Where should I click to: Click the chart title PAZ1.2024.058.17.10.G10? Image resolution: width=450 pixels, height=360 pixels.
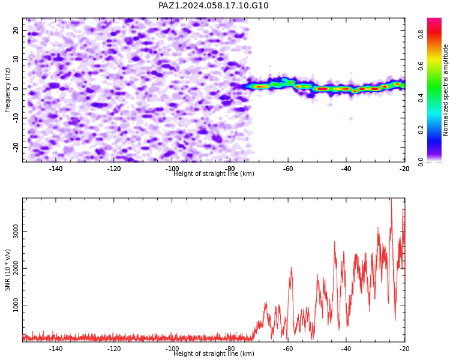pyautogui.click(x=214, y=5)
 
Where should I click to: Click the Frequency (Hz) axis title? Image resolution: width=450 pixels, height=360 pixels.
pyautogui.click(x=7, y=90)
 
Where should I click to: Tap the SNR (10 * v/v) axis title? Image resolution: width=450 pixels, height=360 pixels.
pyautogui.click(x=7, y=270)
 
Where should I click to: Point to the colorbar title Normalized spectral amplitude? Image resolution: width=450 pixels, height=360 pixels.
pyautogui.click(x=445, y=90)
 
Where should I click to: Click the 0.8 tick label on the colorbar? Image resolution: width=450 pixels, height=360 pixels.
pyautogui.click(x=421, y=34)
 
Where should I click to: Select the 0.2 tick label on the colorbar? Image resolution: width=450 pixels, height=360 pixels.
pyautogui.click(x=421, y=130)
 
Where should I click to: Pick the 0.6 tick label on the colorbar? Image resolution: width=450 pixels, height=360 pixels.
pyautogui.click(x=421, y=66)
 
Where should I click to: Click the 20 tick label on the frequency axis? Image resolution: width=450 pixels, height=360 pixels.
pyautogui.click(x=16, y=30)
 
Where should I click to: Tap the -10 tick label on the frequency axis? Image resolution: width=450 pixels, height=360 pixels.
pyautogui.click(x=16, y=118)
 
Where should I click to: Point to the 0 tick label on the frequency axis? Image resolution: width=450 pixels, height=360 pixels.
pyautogui.click(x=16, y=89)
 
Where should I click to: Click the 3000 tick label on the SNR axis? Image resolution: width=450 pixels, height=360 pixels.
pyautogui.click(x=16, y=232)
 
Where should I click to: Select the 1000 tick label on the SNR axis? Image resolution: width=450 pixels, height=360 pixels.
pyautogui.click(x=16, y=305)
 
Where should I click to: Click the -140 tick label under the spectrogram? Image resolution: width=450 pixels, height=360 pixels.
pyautogui.click(x=56, y=169)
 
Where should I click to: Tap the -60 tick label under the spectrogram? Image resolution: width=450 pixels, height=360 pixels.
pyautogui.click(x=288, y=169)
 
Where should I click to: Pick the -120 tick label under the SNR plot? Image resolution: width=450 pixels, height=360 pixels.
pyautogui.click(x=114, y=349)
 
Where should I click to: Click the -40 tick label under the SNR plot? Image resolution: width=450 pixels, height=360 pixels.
pyautogui.click(x=346, y=349)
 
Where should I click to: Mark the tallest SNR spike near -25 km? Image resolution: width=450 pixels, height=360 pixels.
pyautogui.click(x=391, y=199)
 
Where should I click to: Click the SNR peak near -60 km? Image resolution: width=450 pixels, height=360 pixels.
pyautogui.click(x=291, y=268)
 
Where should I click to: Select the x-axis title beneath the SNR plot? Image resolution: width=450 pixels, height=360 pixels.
pyautogui.click(x=214, y=353)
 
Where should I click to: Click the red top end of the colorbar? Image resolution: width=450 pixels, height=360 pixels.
pyautogui.click(x=434, y=19)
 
